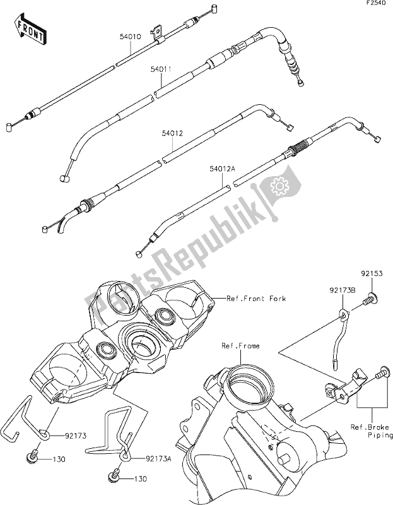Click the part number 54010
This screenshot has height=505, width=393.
(x=130, y=37)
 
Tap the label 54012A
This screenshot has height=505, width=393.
(x=223, y=169)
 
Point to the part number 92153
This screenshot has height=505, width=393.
(x=372, y=275)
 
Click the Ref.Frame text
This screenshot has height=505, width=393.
(x=240, y=346)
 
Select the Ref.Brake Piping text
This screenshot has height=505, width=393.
(x=372, y=431)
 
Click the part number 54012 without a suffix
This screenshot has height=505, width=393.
(x=172, y=134)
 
